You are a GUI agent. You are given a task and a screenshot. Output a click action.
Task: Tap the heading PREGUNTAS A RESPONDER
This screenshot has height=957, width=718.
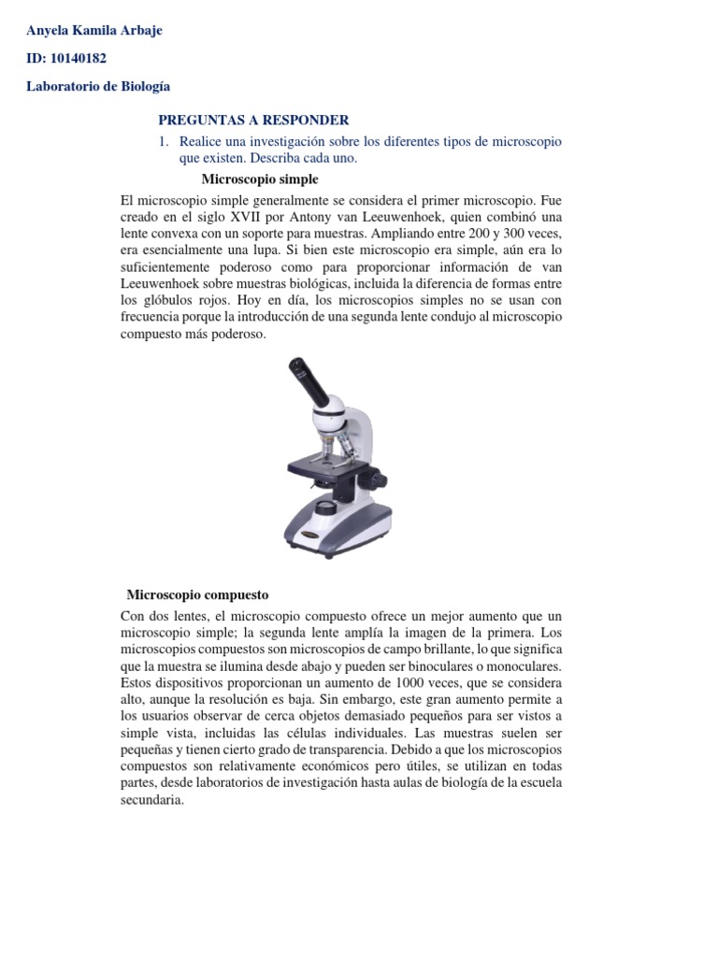click(253, 120)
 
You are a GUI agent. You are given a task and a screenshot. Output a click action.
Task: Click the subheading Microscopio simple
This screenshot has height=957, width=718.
click(260, 179)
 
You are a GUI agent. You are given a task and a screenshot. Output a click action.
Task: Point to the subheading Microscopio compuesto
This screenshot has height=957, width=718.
click(197, 594)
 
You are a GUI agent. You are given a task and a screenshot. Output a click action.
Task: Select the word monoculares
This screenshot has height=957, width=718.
click(524, 666)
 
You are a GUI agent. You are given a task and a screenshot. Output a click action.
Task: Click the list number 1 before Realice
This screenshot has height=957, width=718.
click(163, 141)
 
